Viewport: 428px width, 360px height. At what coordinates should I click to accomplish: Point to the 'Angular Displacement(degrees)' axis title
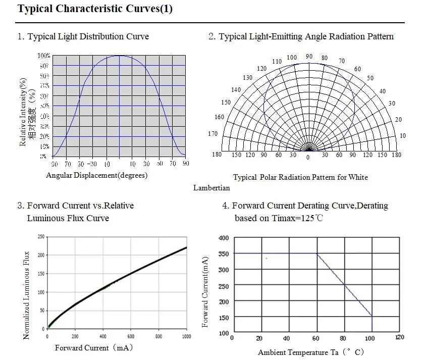[97, 176]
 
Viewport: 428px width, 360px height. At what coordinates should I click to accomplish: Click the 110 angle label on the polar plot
[277, 62]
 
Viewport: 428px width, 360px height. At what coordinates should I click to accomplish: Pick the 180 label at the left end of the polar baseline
[217, 155]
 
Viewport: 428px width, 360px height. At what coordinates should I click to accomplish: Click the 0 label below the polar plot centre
[308, 158]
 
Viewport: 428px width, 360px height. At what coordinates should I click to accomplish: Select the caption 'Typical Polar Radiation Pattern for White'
[300, 177]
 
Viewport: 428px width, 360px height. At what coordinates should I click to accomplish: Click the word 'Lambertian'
[211, 188]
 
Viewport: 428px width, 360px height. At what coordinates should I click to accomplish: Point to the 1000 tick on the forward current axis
[186, 336]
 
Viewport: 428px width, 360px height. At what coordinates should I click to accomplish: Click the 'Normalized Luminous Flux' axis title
[27, 295]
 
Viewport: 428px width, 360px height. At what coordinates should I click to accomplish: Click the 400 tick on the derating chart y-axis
[223, 238]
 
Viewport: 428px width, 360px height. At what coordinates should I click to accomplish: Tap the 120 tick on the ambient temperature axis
[400, 338]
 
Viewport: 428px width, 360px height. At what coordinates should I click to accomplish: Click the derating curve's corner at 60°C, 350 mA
[317, 253]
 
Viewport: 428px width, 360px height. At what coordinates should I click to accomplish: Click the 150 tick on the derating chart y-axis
[223, 318]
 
